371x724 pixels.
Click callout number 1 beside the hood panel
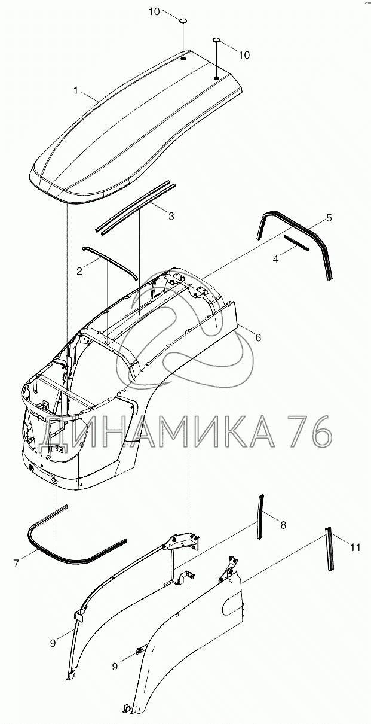(x=76, y=90)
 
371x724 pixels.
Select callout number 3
(x=171, y=216)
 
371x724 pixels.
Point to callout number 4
(x=275, y=259)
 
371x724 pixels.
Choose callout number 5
(x=329, y=218)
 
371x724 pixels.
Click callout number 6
(x=258, y=337)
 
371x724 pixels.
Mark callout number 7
(x=16, y=562)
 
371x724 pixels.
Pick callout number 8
(x=283, y=525)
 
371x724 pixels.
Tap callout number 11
(x=355, y=547)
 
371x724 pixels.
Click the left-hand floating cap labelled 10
(x=184, y=21)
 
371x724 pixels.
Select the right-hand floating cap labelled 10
(x=216, y=39)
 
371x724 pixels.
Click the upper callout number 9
(x=53, y=643)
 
